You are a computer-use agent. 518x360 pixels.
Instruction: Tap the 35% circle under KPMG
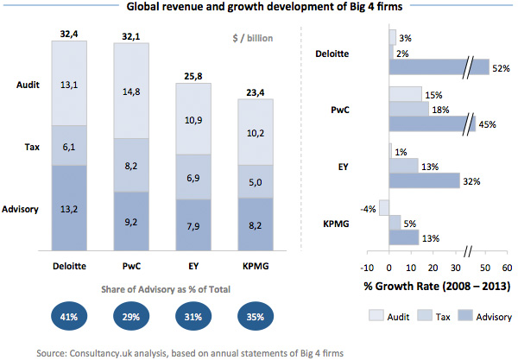pyautogui.click(x=251, y=318)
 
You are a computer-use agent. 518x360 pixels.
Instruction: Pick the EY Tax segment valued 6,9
pyautogui.click(x=193, y=176)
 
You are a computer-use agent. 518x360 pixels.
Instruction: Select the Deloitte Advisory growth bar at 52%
pyautogui.click(x=439, y=69)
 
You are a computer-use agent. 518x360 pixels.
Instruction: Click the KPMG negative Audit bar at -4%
pyautogui.click(x=384, y=208)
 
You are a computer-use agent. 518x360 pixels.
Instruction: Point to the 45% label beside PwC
pyautogui.click(x=487, y=123)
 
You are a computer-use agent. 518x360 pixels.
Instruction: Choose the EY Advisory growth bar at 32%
pyautogui.click(x=424, y=180)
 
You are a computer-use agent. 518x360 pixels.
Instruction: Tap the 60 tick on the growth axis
pyautogui.click(x=507, y=267)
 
